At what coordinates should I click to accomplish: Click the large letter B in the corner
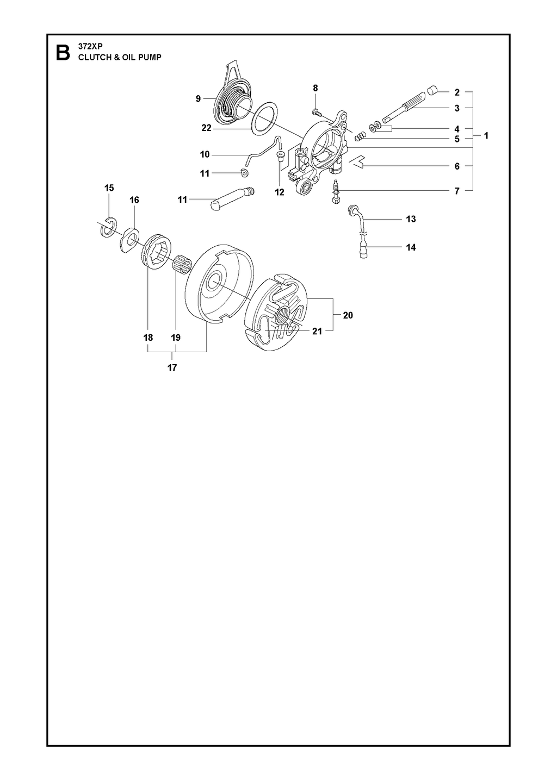tap(63, 53)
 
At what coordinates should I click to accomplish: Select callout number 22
tap(206, 128)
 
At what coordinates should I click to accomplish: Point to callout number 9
tap(198, 99)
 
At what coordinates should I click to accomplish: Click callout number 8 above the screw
tap(315, 88)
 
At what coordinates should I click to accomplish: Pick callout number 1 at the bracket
tap(486, 135)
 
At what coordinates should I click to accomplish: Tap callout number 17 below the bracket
tap(172, 367)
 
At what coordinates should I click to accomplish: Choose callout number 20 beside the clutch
tap(348, 315)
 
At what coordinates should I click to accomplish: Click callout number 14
tap(411, 247)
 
